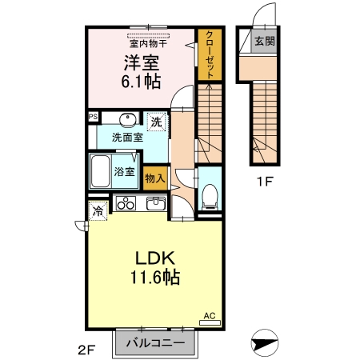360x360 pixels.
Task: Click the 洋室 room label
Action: point(141,63)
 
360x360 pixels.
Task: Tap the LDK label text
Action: point(155,258)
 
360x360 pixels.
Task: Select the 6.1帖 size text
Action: point(141,82)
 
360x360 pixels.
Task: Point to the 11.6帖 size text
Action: point(155,278)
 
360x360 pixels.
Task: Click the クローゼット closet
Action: point(210,54)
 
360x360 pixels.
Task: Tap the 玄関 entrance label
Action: point(264,41)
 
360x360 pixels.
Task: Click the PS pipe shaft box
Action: point(94,117)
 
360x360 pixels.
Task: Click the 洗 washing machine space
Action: point(157,122)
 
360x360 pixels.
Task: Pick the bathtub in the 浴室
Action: point(100,171)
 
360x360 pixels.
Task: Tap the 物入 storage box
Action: point(155,178)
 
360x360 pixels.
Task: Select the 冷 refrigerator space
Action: point(98,210)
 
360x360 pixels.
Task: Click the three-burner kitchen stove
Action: point(126,203)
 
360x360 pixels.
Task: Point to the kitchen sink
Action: point(156,204)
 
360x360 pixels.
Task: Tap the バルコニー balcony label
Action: point(155,342)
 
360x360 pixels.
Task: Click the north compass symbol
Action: point(265,342)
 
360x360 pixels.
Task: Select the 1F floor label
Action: point(264,182)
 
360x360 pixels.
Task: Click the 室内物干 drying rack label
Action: point(148,44)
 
